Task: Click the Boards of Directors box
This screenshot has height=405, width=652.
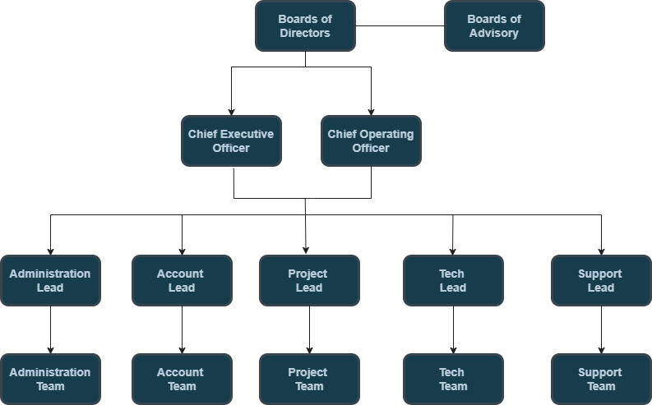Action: coord(305,26)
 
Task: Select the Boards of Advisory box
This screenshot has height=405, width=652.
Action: coord(494,26)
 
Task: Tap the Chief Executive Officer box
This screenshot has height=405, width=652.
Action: coord(231,140)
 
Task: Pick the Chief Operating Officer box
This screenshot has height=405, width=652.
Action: coord(371,140)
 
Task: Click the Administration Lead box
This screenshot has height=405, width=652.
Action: coord(50,280)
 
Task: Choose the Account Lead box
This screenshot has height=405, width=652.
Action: coord(182,280)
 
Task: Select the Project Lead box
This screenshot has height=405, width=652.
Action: coord(309,280)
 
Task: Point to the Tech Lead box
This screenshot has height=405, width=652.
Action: coord(453,280)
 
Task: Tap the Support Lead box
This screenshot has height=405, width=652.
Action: coord(601,280)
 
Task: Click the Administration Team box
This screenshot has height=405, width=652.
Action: coord(50,379)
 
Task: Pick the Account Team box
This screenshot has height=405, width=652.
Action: coord(182,379)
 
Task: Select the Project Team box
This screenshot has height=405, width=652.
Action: coord(309,379)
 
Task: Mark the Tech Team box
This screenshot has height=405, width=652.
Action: coord(453,379)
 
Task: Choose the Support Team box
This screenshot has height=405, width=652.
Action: coord(601,379)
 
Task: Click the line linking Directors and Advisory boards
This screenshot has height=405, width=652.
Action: coord(400,26)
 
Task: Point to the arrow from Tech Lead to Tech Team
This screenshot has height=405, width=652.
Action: coord(453,329)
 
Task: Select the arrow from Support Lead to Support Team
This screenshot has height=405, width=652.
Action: coord(601,329)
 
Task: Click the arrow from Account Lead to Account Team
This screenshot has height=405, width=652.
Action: coord(182,329)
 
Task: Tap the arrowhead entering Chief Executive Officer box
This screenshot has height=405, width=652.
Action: coord(231,111)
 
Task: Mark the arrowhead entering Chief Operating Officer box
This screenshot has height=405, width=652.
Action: coord(371,111)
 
